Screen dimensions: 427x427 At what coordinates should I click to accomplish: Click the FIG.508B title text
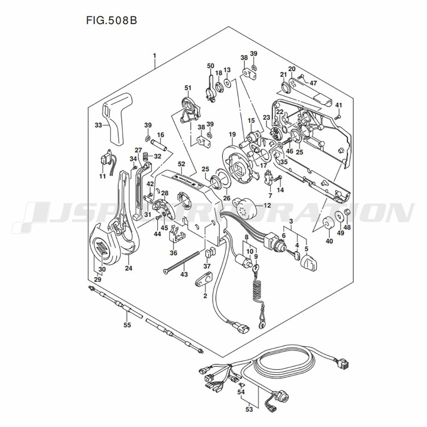111,20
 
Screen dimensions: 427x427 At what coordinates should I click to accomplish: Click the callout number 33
98,125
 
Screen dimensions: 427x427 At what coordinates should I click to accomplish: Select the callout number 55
127,325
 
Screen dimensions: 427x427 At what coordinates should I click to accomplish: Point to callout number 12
267,205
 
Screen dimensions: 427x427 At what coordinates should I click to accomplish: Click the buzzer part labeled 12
244,206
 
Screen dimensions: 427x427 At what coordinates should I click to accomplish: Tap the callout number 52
181,164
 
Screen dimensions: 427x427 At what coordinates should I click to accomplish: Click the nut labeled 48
347,212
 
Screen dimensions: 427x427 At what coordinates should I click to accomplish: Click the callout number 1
155,56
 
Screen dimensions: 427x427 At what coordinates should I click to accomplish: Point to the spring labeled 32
146,157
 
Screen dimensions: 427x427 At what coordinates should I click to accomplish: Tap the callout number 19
232,134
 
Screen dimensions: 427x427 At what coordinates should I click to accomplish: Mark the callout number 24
129,268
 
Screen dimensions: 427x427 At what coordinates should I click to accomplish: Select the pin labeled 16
161,144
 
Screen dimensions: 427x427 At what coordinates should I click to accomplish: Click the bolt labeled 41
338,116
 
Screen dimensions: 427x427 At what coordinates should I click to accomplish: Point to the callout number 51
188,88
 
